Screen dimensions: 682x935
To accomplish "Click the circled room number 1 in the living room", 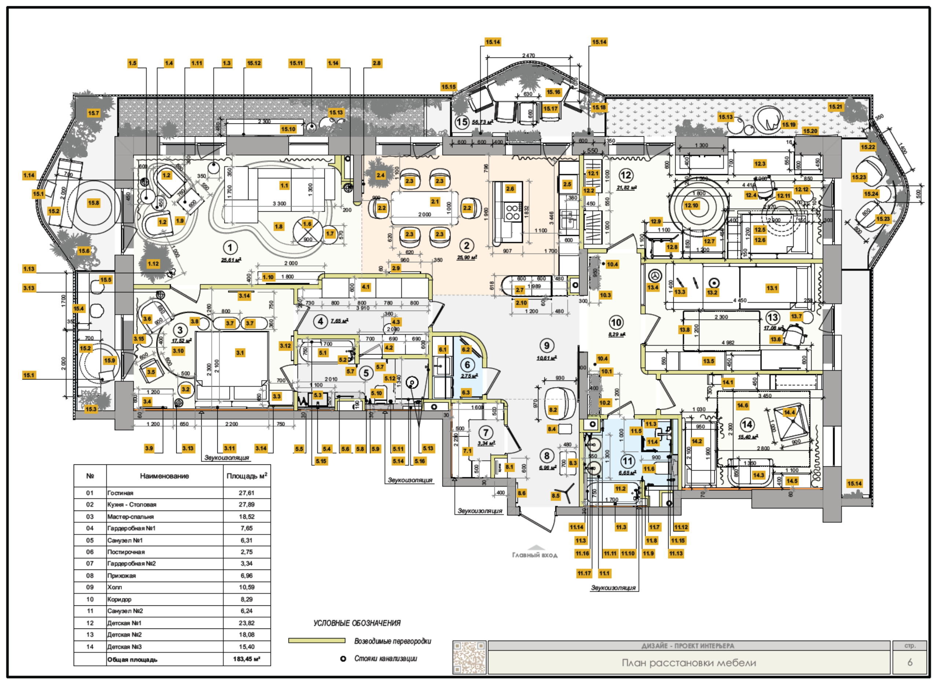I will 230,248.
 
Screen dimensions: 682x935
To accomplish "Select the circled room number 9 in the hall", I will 546,345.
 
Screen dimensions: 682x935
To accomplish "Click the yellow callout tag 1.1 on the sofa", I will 284,185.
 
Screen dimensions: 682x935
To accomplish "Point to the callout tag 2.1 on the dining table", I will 435,201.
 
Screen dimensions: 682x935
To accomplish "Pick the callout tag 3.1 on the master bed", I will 240,353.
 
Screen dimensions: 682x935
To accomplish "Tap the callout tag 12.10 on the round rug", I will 691,205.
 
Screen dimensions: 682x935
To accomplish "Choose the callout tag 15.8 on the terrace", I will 93,203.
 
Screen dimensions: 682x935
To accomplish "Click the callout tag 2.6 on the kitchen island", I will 510,189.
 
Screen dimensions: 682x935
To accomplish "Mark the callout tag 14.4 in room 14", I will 789,412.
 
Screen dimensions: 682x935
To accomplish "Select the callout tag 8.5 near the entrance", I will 555,496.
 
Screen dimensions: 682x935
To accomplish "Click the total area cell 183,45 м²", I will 246,659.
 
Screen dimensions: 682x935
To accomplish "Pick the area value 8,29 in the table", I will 246,599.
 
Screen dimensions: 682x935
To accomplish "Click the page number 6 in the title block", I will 909,662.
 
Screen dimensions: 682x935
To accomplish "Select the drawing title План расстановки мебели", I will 688,663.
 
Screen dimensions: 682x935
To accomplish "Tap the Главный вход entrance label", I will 535,555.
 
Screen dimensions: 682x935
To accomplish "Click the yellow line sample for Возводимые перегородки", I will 316,641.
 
